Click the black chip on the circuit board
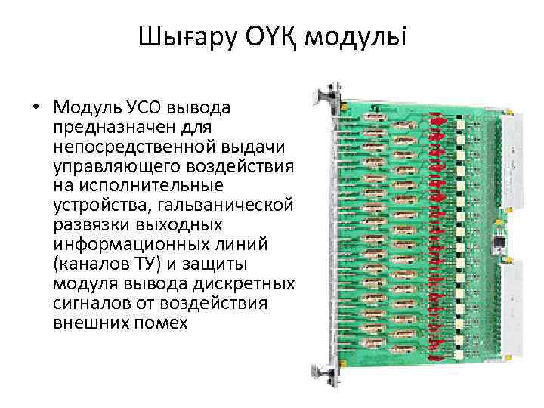point(498,242)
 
